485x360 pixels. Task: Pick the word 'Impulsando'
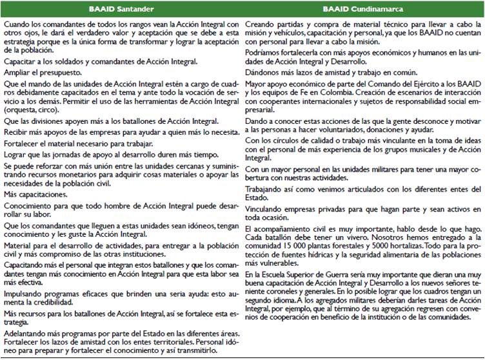[25, 295]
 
